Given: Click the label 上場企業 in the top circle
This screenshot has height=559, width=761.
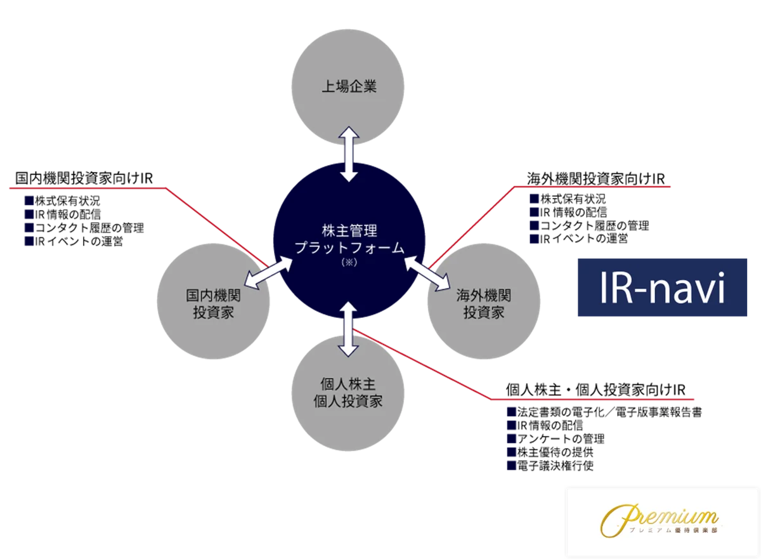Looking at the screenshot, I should point(349,86).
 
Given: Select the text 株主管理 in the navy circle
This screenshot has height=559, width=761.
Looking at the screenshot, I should point(349,230).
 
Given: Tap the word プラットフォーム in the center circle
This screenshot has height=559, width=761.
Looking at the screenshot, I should point(349,248).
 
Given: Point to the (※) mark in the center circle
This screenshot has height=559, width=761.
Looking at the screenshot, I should point(349,263).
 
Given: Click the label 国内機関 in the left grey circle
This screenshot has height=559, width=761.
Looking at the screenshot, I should point(213,296).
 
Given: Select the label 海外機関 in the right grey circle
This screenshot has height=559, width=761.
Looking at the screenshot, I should point(483,295).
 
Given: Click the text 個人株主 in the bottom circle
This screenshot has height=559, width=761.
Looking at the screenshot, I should point(348,384).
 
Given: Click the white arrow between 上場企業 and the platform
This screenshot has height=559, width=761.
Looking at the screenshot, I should point(349,154).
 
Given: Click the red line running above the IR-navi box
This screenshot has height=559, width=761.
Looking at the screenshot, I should point(596,187).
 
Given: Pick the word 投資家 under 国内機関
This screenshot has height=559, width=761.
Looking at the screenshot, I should point(213,313).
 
